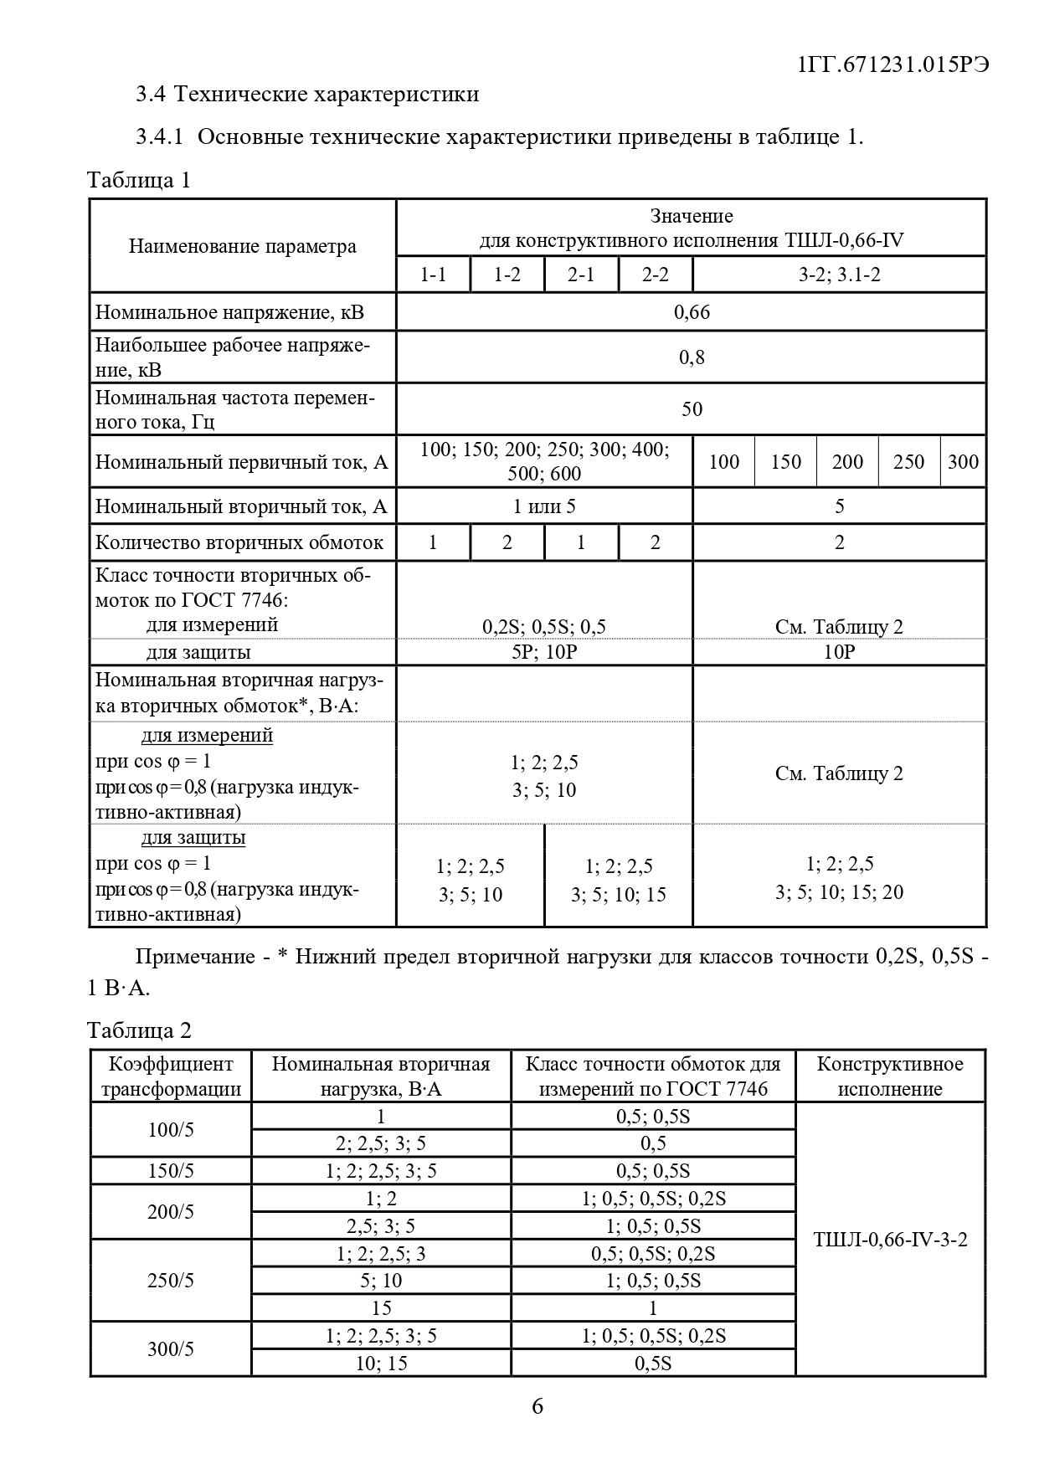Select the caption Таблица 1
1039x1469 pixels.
tap(139, 180)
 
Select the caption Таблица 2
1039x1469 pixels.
tap(139, 1030)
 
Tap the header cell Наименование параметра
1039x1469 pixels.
tap(243, 246)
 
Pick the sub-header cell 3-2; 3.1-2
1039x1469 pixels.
tap(839, 275)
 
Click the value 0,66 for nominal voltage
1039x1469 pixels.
tap(692, 312)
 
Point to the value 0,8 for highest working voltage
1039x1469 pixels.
tap(692, 357)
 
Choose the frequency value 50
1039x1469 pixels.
tap(692, 409)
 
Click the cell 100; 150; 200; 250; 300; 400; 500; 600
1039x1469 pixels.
tap(544, 461)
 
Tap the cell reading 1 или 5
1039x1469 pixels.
tap(544, 506)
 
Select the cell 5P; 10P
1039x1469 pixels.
tap(544, 652)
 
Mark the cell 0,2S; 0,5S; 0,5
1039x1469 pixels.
tap(544, 627)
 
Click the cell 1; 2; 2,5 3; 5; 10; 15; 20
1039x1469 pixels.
tap(839, 878)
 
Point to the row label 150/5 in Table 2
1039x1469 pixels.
tap(171, 1170)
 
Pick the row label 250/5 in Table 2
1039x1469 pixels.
tap(171, 1281)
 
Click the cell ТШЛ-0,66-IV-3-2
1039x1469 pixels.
tap(890, 1240)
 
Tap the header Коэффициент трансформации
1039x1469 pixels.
tap(171, 1076)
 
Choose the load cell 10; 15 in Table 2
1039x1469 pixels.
tap(381, 1363)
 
